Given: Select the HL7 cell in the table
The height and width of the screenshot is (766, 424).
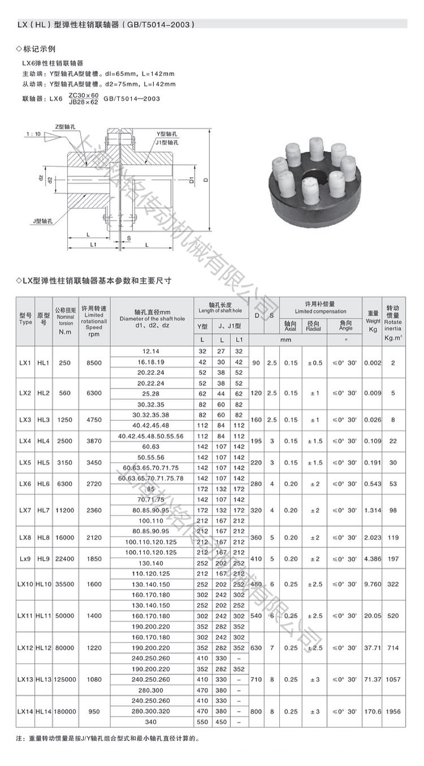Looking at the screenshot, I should tap(44, 510).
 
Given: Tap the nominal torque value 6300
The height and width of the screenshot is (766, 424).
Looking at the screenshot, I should tap(64, 484).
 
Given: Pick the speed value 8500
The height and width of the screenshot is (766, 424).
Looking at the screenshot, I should tap(94, 363).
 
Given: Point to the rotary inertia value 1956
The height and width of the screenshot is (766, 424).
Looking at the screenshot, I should tap(392, 711).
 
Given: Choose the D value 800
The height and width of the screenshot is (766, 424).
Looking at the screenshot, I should tap(257, 711).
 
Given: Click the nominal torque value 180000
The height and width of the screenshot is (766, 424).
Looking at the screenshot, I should tap(64, 711).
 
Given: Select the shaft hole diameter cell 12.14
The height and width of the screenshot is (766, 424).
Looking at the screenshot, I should tap(152, 351).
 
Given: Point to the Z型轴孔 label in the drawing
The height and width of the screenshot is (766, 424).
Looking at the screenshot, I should tap(65, 127).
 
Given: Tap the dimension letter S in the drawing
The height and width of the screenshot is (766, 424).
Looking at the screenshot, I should tap(129, 238).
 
